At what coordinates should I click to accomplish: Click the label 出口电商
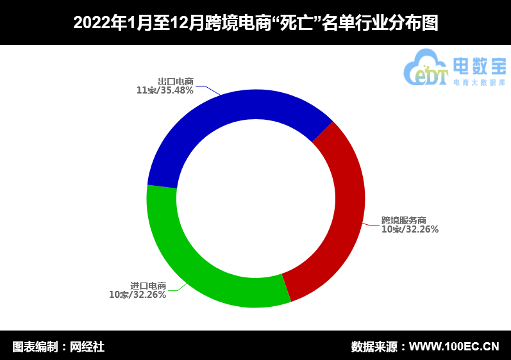click(176, 81)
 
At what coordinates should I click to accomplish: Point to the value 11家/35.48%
click(165, 90)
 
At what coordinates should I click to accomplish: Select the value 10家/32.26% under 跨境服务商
click(410, 229)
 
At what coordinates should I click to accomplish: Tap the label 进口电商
click(148, 286)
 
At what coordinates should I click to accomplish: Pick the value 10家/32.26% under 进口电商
click(138, 295)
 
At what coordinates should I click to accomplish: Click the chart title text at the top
click(255, 22)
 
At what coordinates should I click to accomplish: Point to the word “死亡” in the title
click(294, 22)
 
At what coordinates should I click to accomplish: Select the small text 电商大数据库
click(479, 83)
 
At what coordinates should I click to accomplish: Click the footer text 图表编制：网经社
click(58, 347)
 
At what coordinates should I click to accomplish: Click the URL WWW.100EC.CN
click(454, 347)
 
